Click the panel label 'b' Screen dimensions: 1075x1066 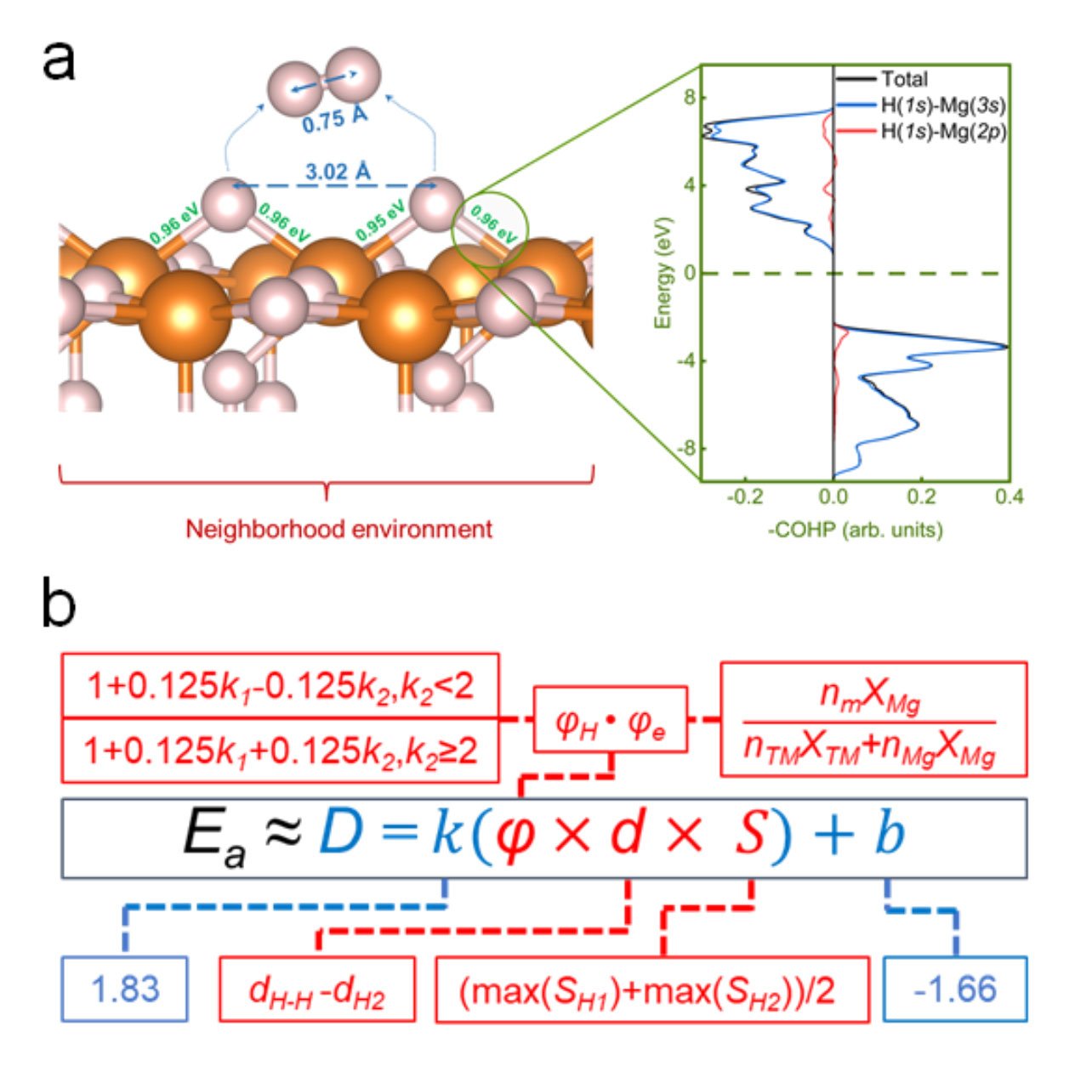[x=59, y=604]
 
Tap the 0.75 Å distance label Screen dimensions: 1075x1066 [x=335, y=119]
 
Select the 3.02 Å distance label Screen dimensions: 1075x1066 [x=338, y=172]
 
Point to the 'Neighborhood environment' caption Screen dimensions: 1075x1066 [x=338, y=528]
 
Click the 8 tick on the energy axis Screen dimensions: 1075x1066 [x=690, y=98]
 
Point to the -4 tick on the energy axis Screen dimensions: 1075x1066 [x=686, y=361]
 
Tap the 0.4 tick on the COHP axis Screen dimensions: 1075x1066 [x=1009, y=496]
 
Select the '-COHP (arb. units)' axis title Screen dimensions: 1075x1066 [x=856, y=529]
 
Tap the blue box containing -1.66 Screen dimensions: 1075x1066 [x=955, y=989]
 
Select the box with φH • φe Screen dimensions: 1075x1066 [x=611, y=718]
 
